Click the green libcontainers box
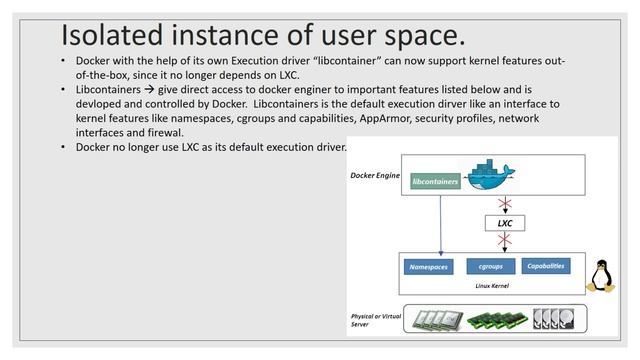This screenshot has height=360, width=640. (x=434, y=182)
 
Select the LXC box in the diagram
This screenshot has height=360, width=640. (x=504, y=223)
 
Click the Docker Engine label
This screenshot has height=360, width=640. (x=375, y=175)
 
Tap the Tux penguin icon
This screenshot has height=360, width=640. (x=602, y=276)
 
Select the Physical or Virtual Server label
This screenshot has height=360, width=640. (x=372, y=319)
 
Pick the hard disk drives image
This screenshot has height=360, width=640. (x=555, y=319)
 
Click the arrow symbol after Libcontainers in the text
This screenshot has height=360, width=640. (x=147, y=89)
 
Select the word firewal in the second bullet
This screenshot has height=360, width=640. (x=161, y=132)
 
